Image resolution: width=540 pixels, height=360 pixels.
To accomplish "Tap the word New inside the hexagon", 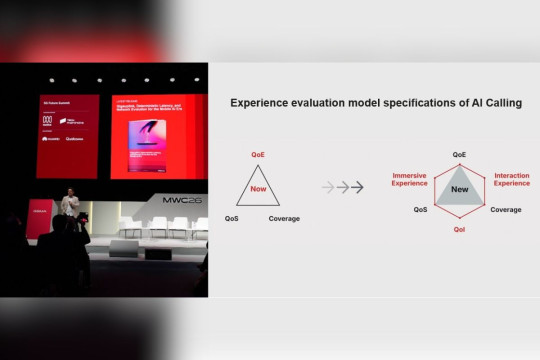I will (459, 189).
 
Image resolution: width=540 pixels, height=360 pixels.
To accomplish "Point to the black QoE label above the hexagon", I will (459, 155).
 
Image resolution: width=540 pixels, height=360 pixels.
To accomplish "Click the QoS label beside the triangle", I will (232, 218).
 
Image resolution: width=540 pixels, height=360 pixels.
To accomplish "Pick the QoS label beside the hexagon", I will (421, 210).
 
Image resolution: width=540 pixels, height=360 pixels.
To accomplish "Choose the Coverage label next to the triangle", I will (284, 218).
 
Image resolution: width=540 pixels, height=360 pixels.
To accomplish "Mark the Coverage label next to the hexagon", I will (505, 210).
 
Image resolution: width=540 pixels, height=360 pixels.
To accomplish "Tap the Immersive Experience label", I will (410, 179).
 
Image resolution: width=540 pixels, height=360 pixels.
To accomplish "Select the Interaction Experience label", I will (512, 179).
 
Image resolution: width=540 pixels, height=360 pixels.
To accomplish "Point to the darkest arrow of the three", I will (361, 187).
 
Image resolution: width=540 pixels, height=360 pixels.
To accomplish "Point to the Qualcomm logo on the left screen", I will (74, 139).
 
